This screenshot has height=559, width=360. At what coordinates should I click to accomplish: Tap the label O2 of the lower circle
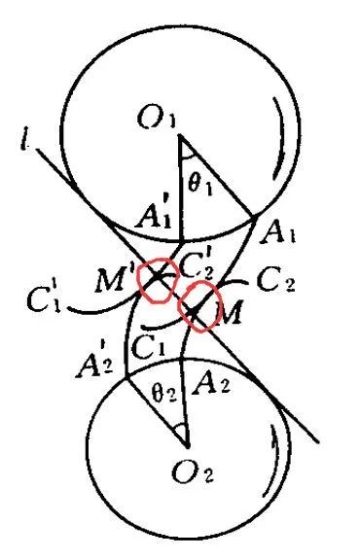[x=193, y=472]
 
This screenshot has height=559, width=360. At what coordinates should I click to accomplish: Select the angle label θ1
[x=199, y=185]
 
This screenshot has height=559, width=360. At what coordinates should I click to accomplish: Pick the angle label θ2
[x=163, y=393]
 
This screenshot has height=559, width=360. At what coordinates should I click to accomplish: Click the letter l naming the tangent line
[x=25, y=139]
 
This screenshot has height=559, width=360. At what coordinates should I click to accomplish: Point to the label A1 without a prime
[x=277, y=232]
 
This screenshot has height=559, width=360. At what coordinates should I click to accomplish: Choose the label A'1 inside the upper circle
[x=154, y=215]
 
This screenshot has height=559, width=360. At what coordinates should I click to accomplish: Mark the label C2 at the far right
[x=275, y=281]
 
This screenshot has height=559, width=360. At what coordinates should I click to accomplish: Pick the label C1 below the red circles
[x=148, y=346]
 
